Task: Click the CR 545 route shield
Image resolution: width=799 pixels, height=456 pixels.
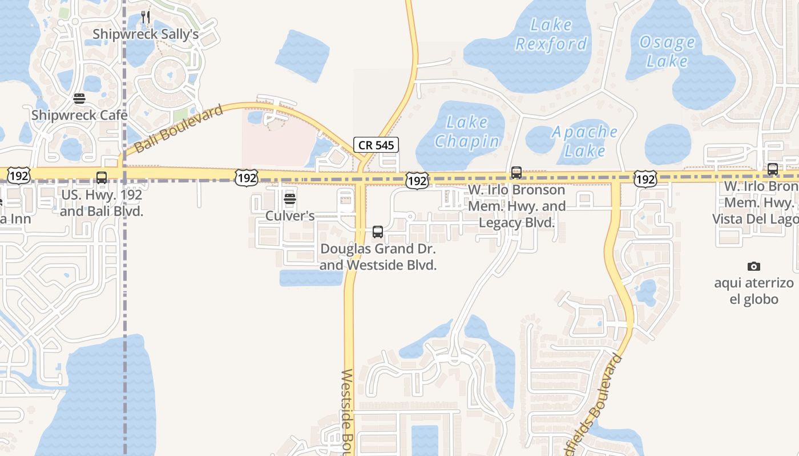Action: point(376,145)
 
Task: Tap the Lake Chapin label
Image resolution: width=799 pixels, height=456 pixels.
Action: point(467,131)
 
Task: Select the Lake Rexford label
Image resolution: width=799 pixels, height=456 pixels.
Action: point(551,34)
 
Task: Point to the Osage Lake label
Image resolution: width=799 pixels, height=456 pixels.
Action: point(667,51)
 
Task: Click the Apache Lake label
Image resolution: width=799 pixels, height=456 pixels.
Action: point(584,141)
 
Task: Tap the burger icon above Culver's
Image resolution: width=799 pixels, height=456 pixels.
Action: point(290,199)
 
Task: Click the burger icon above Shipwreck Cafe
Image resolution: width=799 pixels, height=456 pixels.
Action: point(79,99)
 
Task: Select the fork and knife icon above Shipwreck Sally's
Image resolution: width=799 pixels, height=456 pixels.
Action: point(146,17)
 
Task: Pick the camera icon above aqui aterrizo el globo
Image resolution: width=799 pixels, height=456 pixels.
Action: point(753,266)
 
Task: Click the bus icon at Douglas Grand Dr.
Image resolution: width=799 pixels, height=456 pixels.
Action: point(378,232)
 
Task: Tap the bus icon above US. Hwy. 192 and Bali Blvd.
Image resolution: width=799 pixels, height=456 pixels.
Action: point(102,178)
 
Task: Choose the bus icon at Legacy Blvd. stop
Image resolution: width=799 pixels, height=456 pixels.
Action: point(516,173)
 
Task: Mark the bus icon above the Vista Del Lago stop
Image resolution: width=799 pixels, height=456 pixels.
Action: point(773,169)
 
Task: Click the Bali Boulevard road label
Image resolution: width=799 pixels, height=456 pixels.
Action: point(178,129)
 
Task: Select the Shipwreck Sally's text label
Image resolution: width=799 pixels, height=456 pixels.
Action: point(146,34)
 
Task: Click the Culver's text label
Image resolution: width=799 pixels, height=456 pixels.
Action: point(290,216)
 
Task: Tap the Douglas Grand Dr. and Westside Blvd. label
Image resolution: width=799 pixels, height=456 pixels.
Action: point(378,256)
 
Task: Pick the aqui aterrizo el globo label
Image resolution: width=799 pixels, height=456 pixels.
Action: point(753,291)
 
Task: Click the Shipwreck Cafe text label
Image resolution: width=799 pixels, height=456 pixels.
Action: point(79,115)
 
